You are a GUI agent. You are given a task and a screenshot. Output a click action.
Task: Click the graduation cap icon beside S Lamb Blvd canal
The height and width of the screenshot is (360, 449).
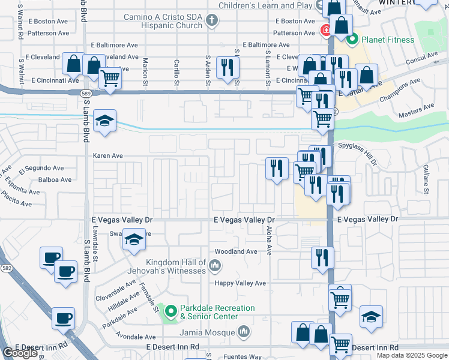[x=104, y=121]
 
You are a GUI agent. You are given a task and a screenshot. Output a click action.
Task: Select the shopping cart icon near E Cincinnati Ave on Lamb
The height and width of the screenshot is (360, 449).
[x=110, y=77]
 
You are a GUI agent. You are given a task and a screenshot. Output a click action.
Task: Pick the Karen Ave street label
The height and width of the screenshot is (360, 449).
[x=108, y=155]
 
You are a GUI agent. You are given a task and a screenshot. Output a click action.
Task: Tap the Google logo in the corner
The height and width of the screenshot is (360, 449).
[x=20, y=353]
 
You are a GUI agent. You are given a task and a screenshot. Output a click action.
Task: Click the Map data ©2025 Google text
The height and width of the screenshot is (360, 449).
[x=412, y=355]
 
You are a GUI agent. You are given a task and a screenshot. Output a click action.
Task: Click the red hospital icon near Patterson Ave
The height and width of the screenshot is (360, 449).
[x=325, y=29]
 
